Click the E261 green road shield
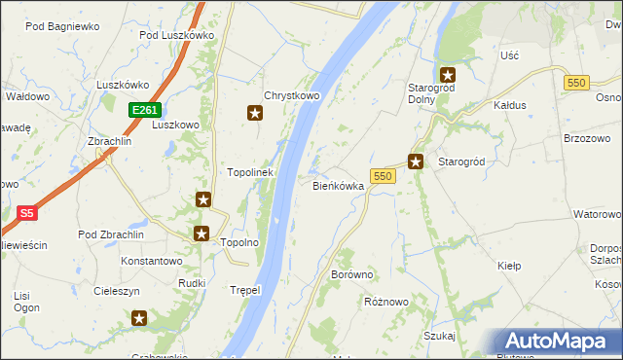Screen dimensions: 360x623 coord(143,111)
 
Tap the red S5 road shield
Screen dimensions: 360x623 coord(28,212)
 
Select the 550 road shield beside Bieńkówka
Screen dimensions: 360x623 coord(382,176)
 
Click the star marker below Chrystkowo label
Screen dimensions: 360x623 coord(255,114)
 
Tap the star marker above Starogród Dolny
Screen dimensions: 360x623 coord(448,74)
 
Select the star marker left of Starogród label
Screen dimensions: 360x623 coord(416,162)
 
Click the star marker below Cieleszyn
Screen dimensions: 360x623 coord(139,317)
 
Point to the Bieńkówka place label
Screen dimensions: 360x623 coord(338,185)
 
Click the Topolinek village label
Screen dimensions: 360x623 coord(250,172)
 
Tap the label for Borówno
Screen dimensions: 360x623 coord(352,275)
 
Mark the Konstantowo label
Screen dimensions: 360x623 coord(151,261)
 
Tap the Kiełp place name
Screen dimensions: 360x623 coord(509,266)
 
